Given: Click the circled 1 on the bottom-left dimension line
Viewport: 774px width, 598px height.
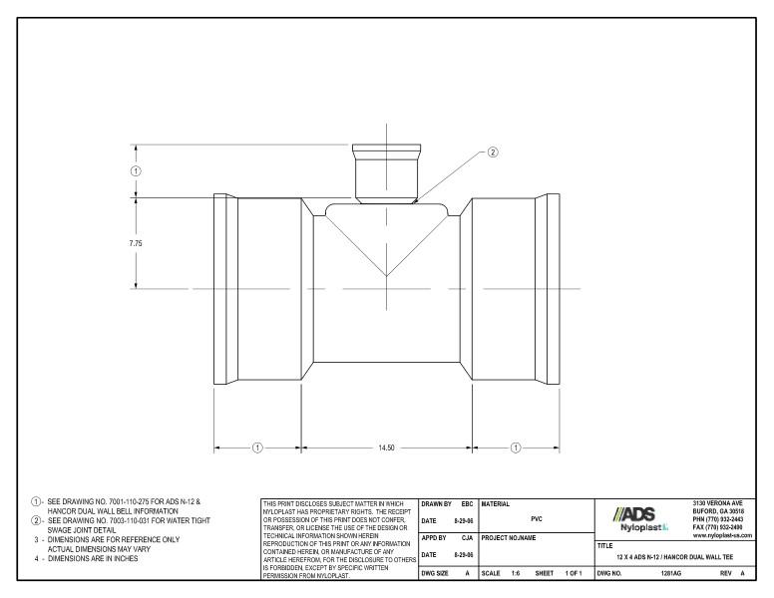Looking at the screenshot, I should pyautogui.click(x=256, y=448).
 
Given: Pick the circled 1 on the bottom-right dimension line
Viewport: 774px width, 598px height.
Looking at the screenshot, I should pyautogui.click(x=516, y=448).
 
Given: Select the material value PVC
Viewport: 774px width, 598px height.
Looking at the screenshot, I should pyautogui.click(x=537, y=518).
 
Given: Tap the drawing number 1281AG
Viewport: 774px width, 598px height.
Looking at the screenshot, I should pyautogui.click(x=671, y=575).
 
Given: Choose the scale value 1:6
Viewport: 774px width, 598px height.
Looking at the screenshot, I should pyautogui.click(x=516, y=575).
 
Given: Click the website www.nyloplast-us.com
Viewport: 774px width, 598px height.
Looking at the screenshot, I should pyautogui.click(x=722, y=536).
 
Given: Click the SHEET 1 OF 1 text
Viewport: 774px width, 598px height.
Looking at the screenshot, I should pyautogui.click(x=561, y=575).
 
